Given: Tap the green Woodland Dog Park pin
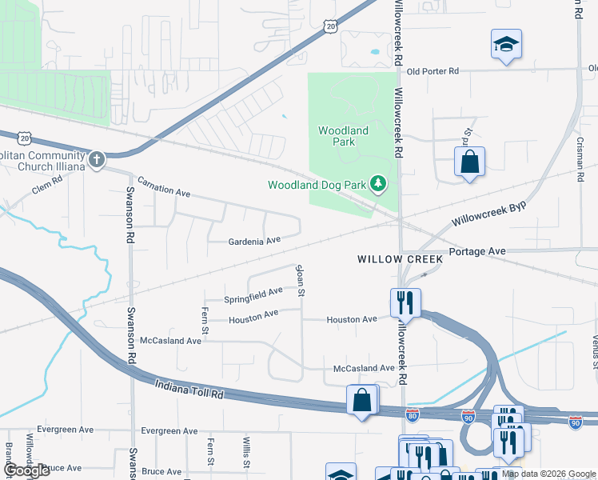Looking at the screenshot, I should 379,185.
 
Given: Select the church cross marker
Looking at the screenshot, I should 97,159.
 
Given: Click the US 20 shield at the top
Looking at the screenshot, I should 330,26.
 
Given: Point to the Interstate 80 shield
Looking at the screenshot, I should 413,414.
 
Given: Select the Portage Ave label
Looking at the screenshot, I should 477,251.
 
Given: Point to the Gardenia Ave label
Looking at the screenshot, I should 254,240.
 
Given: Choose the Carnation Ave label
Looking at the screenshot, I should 163,186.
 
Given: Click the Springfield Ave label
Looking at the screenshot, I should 253,296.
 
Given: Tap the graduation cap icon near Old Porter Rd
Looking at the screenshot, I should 505,44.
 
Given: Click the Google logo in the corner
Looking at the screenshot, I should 26,470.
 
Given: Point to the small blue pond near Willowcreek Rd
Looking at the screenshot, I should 374,53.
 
